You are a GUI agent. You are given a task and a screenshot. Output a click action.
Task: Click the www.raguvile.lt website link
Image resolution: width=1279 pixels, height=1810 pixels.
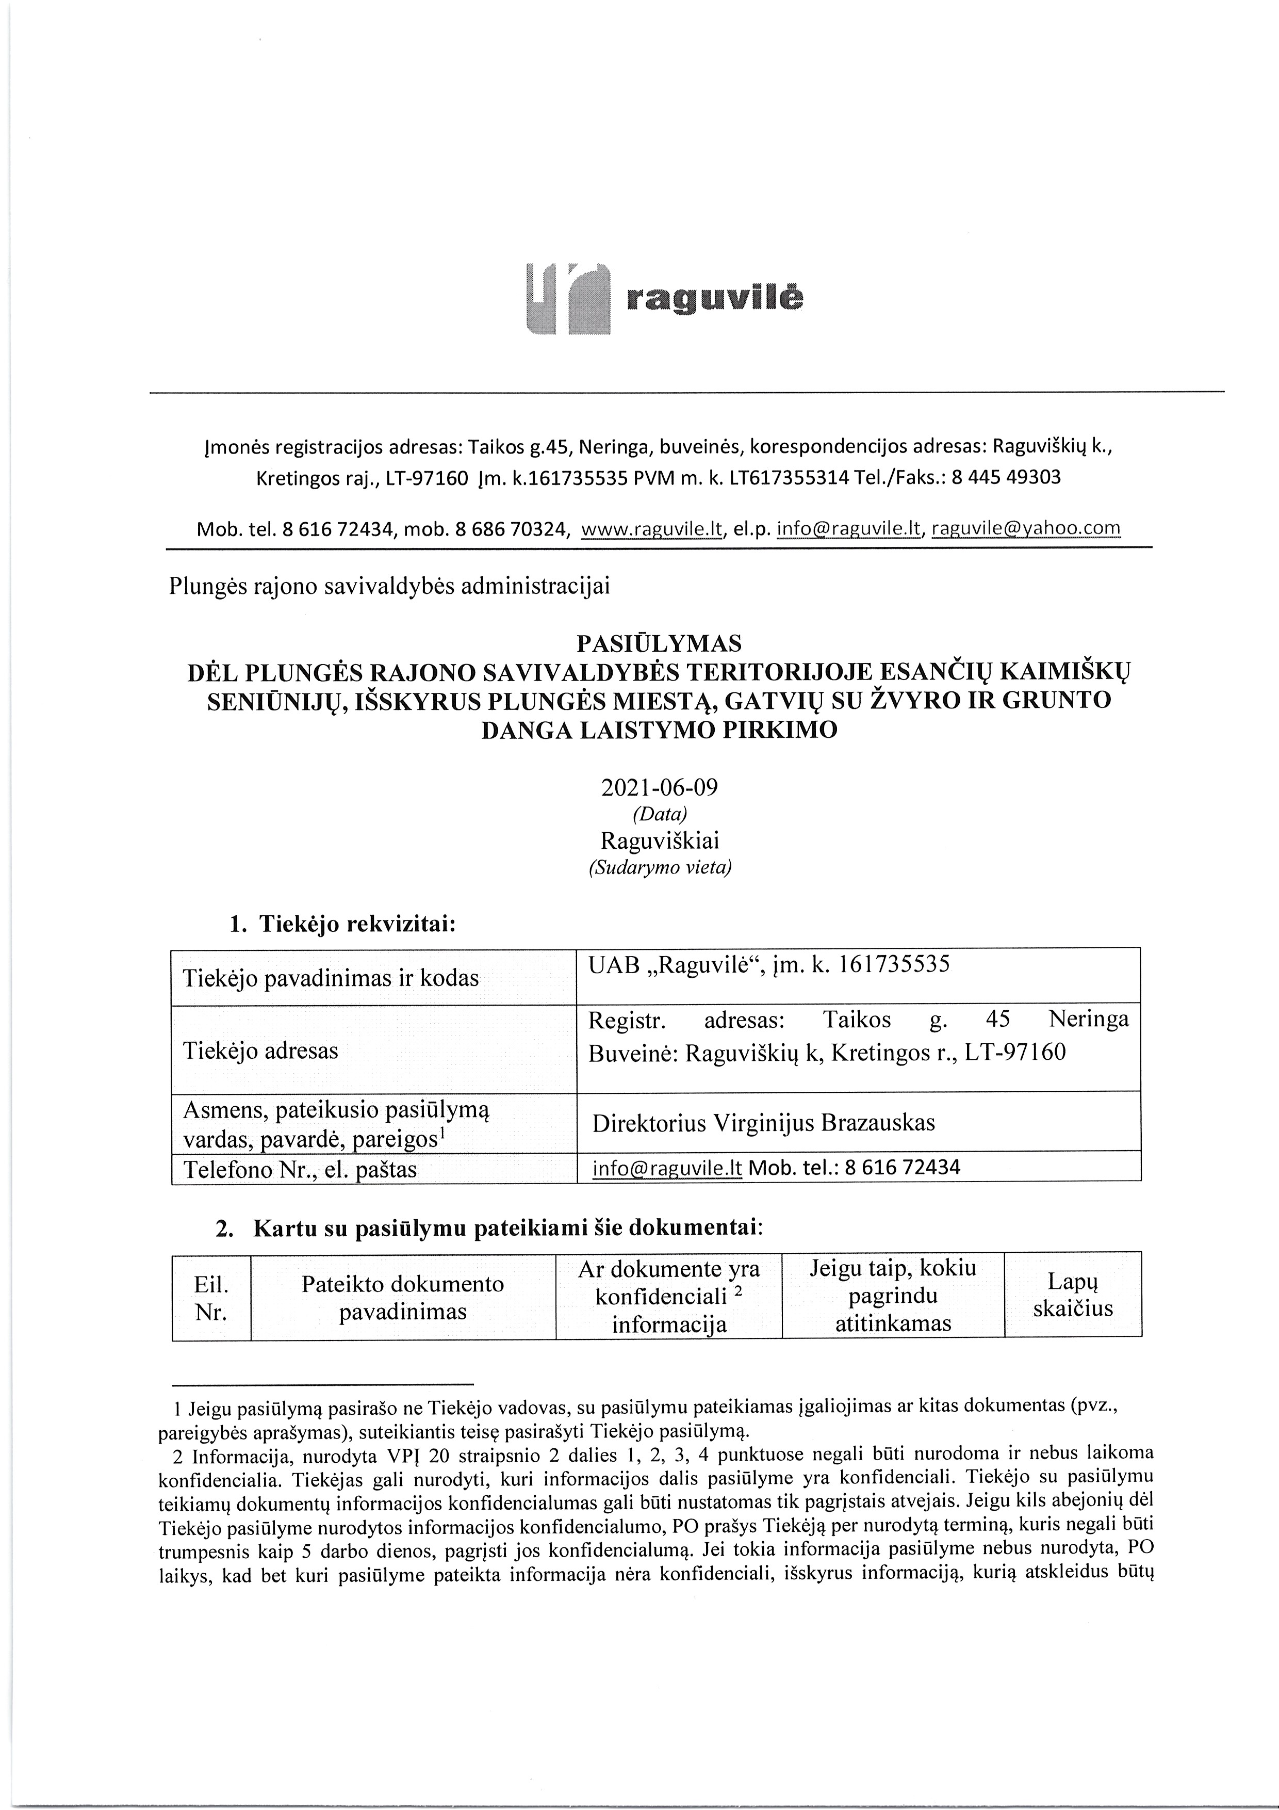pos(652,529)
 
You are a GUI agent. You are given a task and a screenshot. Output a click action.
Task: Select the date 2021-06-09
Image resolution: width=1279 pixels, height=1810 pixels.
pos(660,787)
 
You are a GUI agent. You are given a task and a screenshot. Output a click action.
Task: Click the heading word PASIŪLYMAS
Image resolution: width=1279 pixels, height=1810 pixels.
pos(660,643)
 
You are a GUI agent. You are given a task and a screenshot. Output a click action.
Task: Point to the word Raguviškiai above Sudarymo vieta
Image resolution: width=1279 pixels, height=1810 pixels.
pos(660,841)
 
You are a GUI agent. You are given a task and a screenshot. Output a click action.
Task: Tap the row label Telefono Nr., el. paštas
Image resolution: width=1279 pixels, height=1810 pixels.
pos(300,1169)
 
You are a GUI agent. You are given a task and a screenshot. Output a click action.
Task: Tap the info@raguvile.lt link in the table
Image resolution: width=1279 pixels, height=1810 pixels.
pos(667,1168)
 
